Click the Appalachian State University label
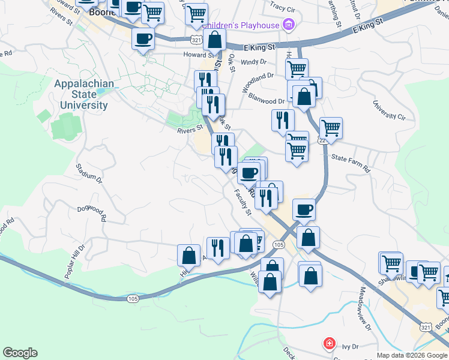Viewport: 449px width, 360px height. (82, 94)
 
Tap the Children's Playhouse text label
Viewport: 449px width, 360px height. (241, 25)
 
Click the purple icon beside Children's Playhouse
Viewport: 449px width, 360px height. (289, 25)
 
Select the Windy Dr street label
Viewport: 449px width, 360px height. (253, 62)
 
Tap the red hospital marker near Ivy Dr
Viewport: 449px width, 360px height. (329, 344)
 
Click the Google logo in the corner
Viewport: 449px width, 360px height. (20, 353)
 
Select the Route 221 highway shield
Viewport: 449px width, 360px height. (323, 140)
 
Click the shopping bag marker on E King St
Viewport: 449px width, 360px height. (214, 41)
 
